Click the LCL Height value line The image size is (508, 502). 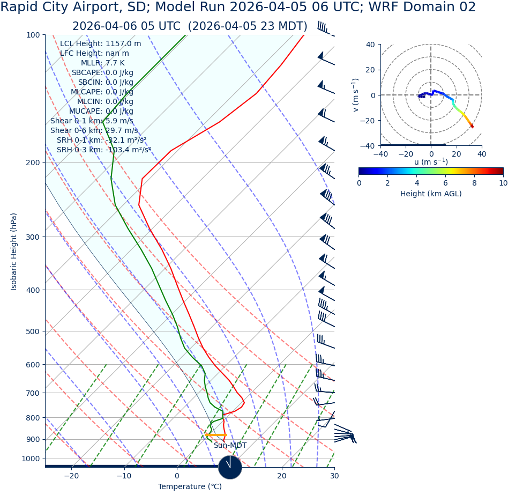point(100,44)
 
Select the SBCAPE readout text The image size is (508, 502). point(102,73)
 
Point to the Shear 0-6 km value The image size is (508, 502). point(94,131)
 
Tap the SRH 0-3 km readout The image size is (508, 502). point(103,150)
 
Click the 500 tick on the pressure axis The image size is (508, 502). point(33,331)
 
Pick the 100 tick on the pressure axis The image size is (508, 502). point(33,35)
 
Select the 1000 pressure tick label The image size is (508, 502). point(31,459)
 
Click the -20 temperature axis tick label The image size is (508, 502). point(71,476)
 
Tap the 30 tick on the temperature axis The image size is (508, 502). point(334,476)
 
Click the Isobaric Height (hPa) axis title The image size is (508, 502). point(14,252)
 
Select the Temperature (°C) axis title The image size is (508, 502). point(190,487)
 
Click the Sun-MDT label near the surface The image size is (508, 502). point(230,446)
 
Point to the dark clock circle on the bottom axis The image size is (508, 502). point(230,467)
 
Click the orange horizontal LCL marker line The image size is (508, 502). point(215,435)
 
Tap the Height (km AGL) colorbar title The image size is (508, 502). point(431,194)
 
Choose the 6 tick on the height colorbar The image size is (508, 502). point(445,183)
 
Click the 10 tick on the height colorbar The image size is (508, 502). point(503,183)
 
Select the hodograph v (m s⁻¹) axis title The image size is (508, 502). point(355,95)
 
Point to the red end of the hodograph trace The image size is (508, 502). point(472,127)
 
